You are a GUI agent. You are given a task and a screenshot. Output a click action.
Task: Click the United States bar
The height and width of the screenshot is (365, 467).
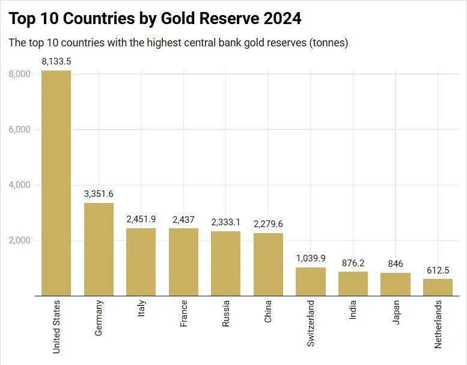56,183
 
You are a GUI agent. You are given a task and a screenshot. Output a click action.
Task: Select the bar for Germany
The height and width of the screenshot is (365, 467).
99,249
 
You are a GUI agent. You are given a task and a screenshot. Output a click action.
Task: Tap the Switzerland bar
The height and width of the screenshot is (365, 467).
311,281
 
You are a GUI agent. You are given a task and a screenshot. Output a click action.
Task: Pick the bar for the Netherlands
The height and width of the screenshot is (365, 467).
438,287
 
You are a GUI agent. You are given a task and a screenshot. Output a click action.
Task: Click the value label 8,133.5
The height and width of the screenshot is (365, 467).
56,61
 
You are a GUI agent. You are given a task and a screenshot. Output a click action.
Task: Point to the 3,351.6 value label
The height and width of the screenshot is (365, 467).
99,193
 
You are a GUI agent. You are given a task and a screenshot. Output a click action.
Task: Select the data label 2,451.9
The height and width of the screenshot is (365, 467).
141,219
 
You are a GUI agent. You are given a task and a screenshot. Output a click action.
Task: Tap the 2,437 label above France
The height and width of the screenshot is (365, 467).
183,219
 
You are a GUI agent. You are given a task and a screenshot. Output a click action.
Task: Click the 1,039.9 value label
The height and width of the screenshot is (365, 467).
311,258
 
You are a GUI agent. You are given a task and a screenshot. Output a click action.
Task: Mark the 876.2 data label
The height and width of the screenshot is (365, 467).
353,263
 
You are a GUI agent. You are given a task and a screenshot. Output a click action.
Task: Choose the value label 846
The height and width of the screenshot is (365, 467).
395,264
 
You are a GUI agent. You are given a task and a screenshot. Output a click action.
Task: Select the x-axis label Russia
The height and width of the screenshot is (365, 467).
226,314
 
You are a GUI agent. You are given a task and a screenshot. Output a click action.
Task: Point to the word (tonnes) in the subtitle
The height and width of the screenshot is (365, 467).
329,43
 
